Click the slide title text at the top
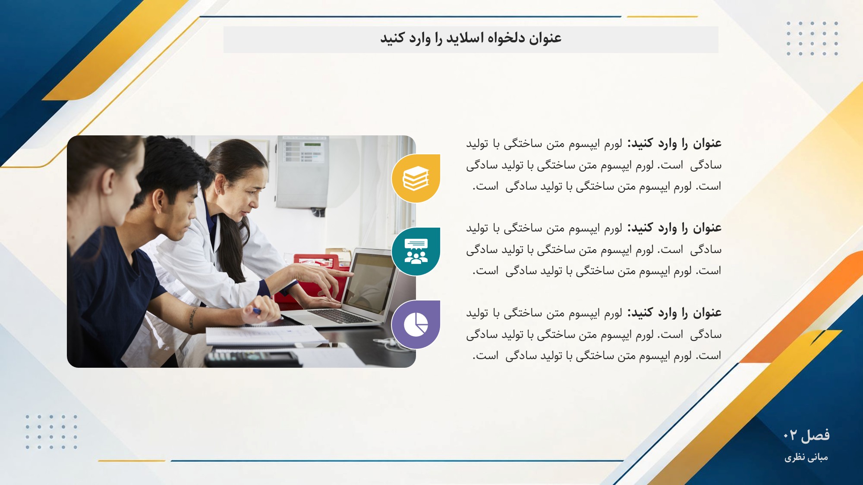coord(471,38)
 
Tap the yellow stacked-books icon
coord(416,178)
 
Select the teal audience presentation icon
coord(416,252)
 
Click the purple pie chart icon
coord(416,325)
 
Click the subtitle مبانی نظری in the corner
coord(806,457)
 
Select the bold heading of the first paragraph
coord(674,143)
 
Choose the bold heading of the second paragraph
coord(674,228)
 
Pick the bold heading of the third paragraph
coord(674,313)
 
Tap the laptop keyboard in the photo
coord(341,316)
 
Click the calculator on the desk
coord(252,357)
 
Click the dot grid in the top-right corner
coord(812,38)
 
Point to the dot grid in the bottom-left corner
coord(51,432)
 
